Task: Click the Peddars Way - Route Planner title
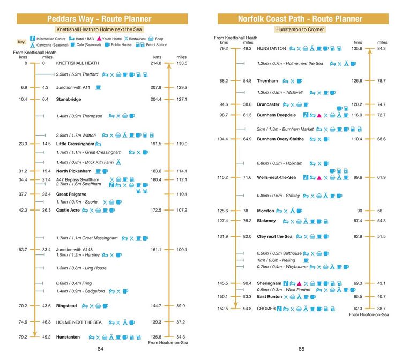point(99,19)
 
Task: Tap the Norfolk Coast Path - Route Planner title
point(300,19)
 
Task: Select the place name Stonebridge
point(69,99)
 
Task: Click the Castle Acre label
point(68,210)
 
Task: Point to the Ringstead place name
point(66,306)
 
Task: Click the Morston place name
point(265,211)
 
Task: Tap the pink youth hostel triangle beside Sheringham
point(299,283)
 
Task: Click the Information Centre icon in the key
point(32,39)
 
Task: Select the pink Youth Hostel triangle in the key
point(99,39)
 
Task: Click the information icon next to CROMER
point(279,309)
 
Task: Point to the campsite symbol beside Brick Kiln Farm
point(118,162)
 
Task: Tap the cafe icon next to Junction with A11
point(98,88)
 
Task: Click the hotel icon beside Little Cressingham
point(98,144)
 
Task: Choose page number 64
point(100,349)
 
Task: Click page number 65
point(301,349)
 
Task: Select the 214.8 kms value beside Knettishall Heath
point(156,63)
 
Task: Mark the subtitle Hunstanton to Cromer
point(300,29)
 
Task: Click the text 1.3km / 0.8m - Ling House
point(81,268)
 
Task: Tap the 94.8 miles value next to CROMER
point(247,309)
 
